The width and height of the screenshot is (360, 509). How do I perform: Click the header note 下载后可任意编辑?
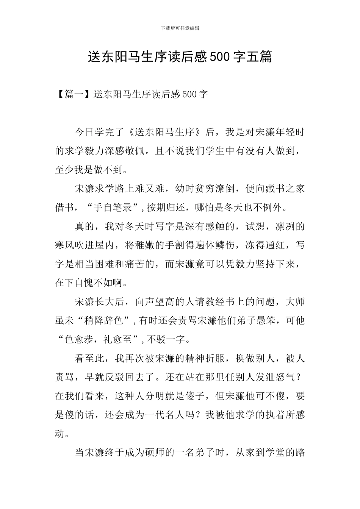click(180, 28)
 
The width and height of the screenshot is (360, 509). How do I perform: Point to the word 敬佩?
click(140, 151)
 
